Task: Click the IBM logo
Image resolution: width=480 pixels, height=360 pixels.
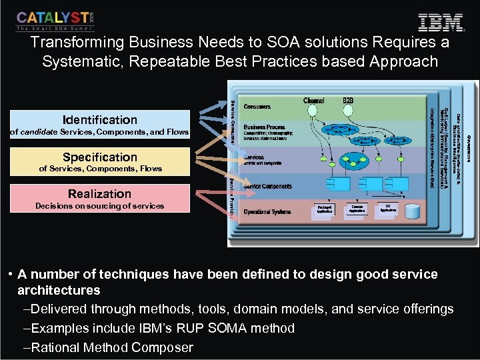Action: [x=441, y=22]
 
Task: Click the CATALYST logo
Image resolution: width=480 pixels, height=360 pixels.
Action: [x=55, y=21]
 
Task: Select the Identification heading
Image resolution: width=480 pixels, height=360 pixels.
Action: [x=100, y=120]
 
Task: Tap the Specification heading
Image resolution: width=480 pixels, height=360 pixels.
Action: [x=100, y=157]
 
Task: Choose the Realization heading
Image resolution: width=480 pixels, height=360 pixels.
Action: [x=100, y=194]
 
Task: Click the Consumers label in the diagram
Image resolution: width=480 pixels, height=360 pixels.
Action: [x=257, y=106]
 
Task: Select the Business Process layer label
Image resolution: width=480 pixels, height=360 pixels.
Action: [x=265, y=127]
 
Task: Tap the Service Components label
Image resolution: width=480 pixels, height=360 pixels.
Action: [x=268, y=186]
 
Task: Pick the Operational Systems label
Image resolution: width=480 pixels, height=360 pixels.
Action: [x=267, y=212]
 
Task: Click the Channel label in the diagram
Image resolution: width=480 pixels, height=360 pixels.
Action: [x=314, y=101]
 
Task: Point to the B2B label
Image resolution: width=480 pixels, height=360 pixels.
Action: [x=348, y=101]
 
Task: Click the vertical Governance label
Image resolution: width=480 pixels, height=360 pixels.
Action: [x=469, y=147]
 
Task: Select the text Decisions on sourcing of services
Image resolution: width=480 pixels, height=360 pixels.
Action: [x=99, y=206]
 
